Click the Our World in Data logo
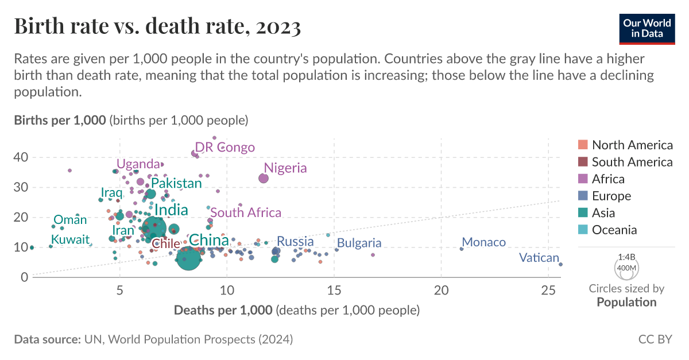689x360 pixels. click(647, 27)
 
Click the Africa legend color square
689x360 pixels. click(582, 179)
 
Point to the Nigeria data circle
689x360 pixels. click(264, 179)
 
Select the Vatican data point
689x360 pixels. click(560, 264)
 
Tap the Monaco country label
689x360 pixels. click(483, 242)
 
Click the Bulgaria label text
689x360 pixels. click(359, 243)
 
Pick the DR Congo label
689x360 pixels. click(224, 148)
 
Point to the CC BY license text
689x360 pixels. click(655, 339)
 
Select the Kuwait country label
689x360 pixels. click(70, 239)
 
